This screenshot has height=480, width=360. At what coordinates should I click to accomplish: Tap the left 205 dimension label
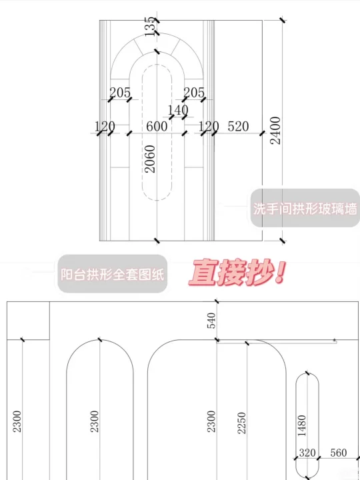(x=120, y=93)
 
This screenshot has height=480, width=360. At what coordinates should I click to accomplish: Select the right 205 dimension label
(x=194, y=93)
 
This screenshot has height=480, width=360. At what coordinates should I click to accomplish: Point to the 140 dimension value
(x=178, y=110)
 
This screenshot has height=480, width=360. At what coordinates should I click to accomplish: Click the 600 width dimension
(x=157, y=127)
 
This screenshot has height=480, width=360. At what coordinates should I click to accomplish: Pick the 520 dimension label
(x=238, y=127)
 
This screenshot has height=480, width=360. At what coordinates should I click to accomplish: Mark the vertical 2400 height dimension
(x=275, y=131)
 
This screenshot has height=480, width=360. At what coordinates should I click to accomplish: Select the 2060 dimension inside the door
(x=150, y=159)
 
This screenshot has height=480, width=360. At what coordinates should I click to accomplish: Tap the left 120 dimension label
(x=105, y=127)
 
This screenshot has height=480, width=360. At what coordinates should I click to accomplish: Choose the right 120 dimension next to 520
(x=209, y=127)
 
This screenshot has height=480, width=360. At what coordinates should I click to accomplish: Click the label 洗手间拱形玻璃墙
(x=305, y=209)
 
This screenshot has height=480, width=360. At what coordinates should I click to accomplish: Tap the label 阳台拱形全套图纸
(x=113, y=274)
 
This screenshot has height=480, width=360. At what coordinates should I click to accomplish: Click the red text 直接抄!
(x=237, y=273)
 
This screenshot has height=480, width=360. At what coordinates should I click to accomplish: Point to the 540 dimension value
(x=211, y=321)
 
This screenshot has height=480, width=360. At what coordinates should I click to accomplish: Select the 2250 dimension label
(x=242, y=423)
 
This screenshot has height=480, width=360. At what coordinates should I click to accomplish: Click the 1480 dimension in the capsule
(x=301, y=425)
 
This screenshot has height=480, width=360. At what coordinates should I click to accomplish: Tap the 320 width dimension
(x=307, y=453)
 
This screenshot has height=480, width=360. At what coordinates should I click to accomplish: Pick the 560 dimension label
(x=339, y=453)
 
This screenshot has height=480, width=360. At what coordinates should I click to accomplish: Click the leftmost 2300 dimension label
(x=17, y=421)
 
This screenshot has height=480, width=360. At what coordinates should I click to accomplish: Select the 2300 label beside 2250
(x=211, y=421)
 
